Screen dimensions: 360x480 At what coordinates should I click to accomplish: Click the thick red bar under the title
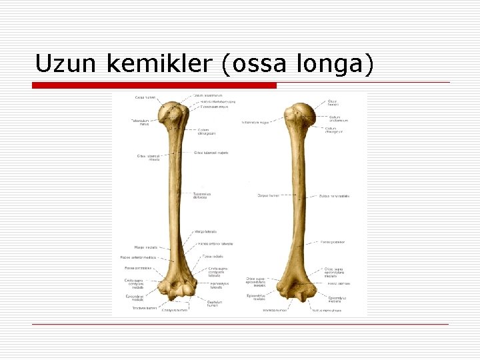coord(155,85)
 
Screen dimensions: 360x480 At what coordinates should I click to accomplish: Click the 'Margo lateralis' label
coord(207,231)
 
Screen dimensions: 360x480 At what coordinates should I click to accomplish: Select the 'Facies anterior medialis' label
coord(139,257)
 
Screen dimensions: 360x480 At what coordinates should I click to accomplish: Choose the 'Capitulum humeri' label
coord(213,304)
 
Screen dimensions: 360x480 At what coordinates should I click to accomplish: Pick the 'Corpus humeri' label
coord(268,195)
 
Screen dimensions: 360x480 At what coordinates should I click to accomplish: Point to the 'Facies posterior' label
coord(333,242)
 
